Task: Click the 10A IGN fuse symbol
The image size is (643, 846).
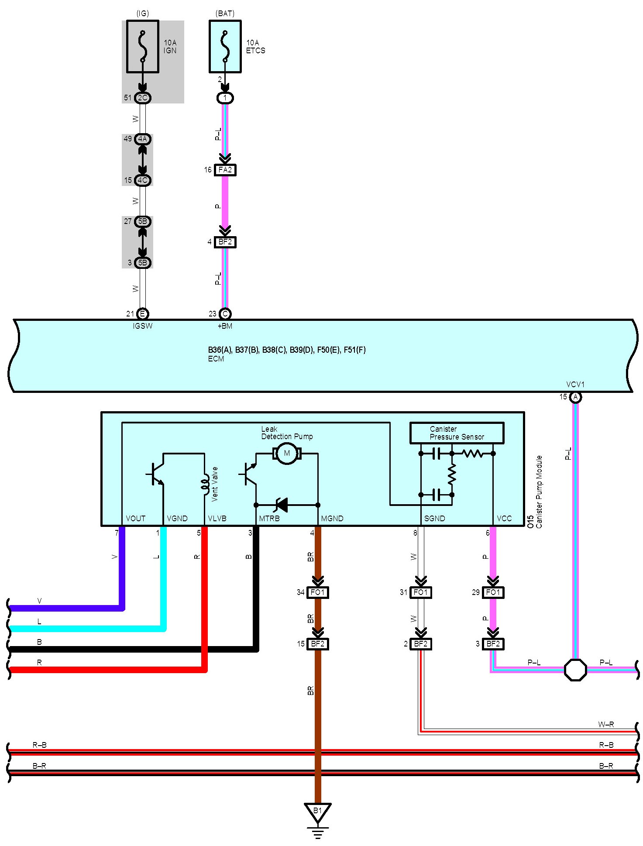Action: click(142, 46)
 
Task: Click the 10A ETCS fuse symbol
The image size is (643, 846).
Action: click(225, 46)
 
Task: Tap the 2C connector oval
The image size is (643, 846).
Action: click(142, 98)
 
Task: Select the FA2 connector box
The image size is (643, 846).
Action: click(225, 170)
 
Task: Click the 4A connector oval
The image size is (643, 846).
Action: click(142, 139)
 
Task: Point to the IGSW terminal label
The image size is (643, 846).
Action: click(143, 326)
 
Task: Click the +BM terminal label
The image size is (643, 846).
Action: click(225, 326)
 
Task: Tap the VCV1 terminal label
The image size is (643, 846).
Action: click(575, 385)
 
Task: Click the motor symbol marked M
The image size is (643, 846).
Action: click(287, 454)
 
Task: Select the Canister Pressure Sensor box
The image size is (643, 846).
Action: click(457, 433)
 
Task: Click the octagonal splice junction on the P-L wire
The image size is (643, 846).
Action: click(575, 670)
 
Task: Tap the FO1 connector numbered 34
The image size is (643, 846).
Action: click(317, 592)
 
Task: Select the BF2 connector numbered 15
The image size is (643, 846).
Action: click(317, 644)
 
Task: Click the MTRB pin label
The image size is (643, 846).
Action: click(269, 519)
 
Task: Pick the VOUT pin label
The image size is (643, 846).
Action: click(135, 519)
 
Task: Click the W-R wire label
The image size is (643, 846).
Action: click(606, 725)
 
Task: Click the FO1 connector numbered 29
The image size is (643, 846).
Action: click(493, 592)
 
